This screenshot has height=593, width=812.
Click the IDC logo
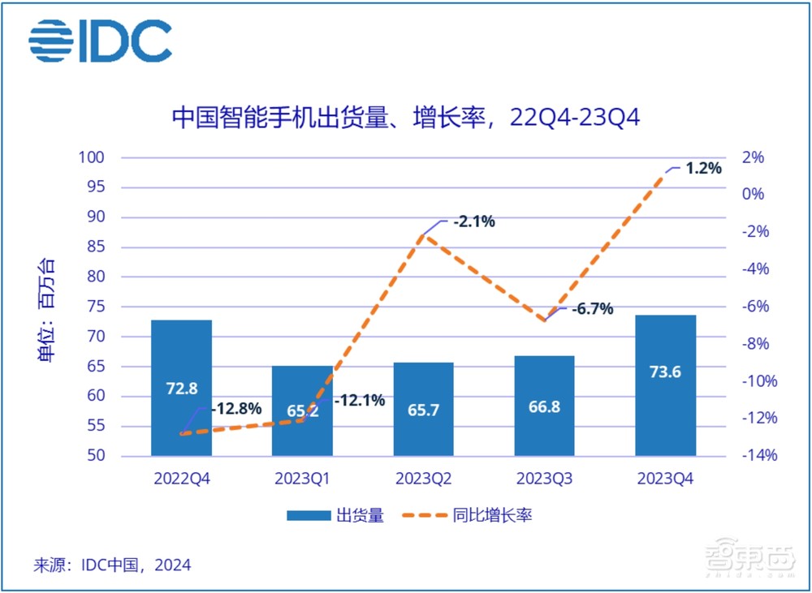tap(100, 40)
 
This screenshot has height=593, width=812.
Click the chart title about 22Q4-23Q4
tap(405, 118)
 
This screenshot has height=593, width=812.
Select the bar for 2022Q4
tap(181, 388)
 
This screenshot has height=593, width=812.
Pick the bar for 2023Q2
tap(423, 409)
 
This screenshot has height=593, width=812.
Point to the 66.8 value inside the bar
tap(544, 407)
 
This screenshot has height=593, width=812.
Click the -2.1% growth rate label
tap(474, 221)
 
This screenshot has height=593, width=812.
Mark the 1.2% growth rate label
tap(702, 169)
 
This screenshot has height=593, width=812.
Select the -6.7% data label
tap(592, 309)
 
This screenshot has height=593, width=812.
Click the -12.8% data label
tap(236, 409)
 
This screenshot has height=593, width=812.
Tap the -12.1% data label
tap(358, 400)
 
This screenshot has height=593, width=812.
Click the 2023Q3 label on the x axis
tap(544, 479)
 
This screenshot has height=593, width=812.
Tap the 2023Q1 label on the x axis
tap(302, 479)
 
